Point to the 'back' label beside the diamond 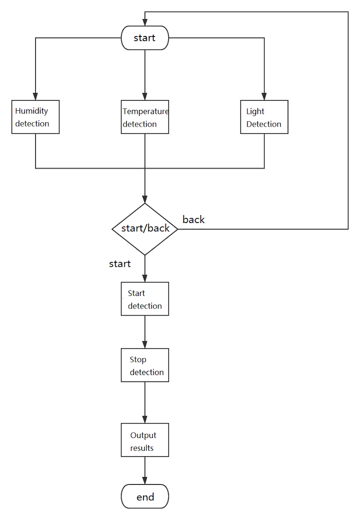[193, 220]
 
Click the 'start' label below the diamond [120, 264]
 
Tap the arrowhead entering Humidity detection [36, 96]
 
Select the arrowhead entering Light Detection [264, 96]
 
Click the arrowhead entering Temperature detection [144, 96]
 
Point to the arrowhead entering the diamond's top [144, 199]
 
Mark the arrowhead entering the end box [144, 481]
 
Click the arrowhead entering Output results [144, 420]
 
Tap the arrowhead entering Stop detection [144, 344]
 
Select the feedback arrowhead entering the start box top [144, 22]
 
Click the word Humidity [32, 111]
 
